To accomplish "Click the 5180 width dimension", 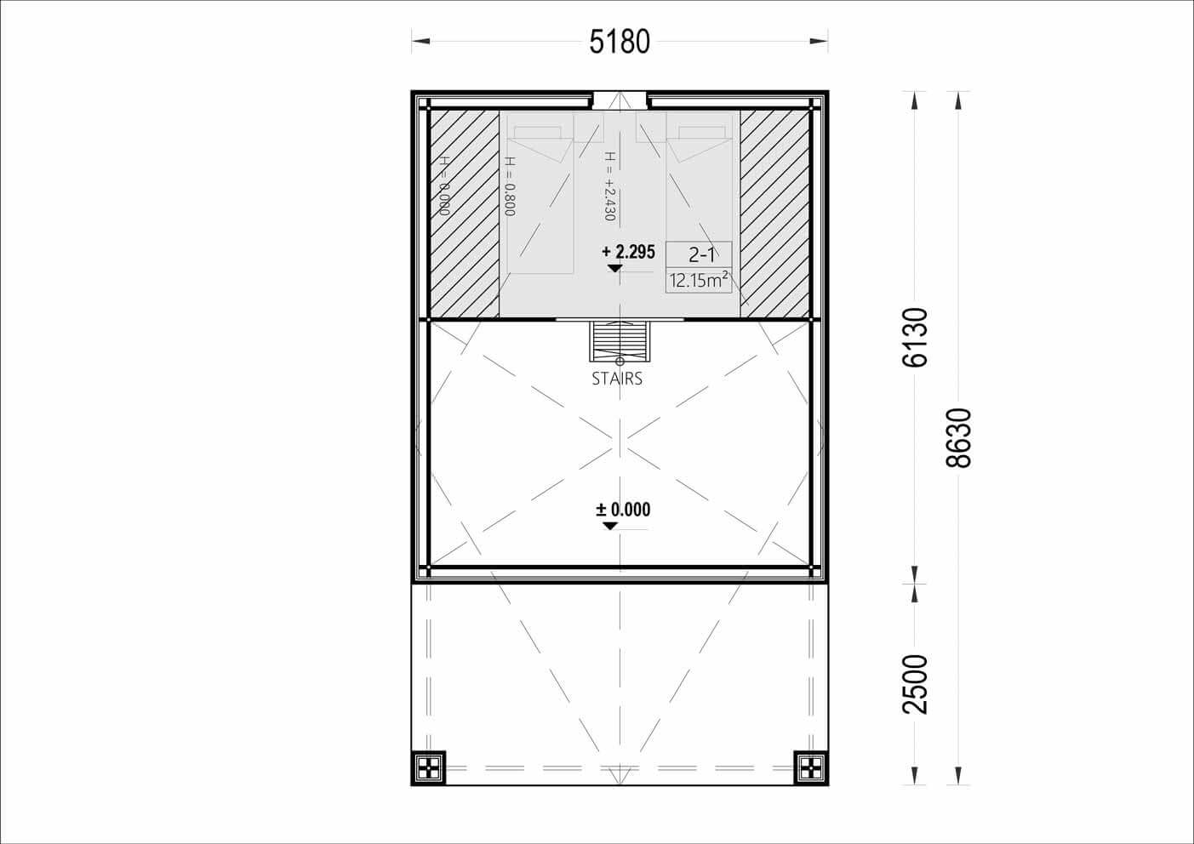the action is click(x=620, y=42).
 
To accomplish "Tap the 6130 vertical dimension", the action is click(x=915, y=337).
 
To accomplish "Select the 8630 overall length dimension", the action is click(x=958, y=438).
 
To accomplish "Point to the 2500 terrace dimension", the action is click(x=915, y=684).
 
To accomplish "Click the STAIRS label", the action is click(x=617, y=379).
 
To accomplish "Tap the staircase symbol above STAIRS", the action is click(x=620, y=341).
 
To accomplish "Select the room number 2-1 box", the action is click(x=699, y=254).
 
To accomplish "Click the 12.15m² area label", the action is click(x=699, y=280).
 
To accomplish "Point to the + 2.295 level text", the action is click(x=628, y=252).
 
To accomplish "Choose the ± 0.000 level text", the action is click(x=623, y=510).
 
